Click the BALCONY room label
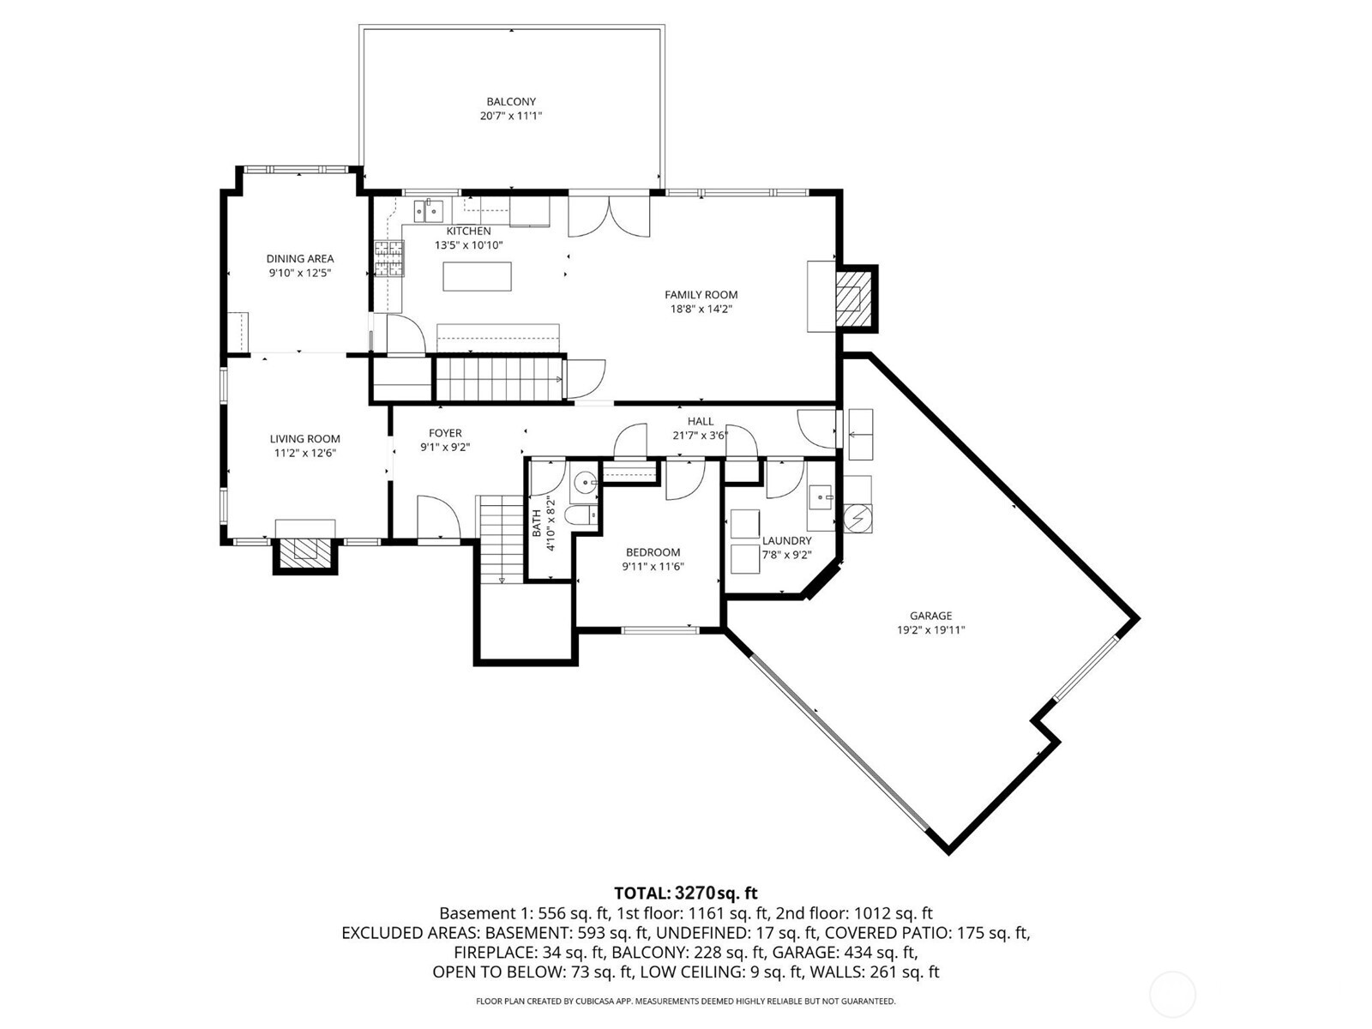click(511, 102)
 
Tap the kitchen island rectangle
click(477, 277)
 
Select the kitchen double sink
click(428, 209)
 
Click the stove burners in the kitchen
click(388, 260)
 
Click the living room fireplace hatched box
click(305, 550)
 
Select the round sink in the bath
click(585, 484)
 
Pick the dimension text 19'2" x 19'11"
click(931, 630)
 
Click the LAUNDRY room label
click(786, 541)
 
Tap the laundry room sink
click(821, 496)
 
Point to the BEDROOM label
click(653, 553)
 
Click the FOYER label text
click(445, 433)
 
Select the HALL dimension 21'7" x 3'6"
click(700, 436)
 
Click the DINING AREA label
click(299, 259)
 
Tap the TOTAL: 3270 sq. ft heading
click(685, 893)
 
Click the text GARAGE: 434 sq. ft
click(845, 952)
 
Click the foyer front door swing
click(437, 519)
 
